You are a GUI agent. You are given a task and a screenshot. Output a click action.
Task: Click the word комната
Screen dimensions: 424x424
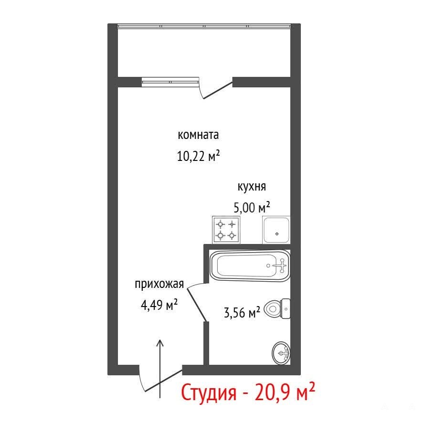click(x=198, y=135)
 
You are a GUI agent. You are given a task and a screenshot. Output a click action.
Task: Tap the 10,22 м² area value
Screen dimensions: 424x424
click(x=198, y=156)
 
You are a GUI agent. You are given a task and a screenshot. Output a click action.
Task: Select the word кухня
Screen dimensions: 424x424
click(x=252, y=187)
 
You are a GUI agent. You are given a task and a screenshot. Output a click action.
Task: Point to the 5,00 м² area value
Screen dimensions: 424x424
click(x=252, y=207)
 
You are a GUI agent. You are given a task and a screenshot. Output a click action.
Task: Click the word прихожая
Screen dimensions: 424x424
click(x=159, y=285)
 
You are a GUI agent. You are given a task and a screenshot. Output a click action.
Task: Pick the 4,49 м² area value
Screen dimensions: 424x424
click(x=159, y=305)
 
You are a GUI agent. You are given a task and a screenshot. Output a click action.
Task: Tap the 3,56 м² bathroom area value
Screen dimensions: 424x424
click(x=242, y=313)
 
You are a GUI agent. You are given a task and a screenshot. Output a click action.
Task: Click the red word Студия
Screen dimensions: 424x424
click(x=209, y=393)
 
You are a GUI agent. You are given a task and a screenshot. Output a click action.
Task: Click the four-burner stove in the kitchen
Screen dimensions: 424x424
click(x=226, y=230)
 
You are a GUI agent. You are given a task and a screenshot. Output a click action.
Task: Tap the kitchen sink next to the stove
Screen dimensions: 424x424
click(x=276, y=230)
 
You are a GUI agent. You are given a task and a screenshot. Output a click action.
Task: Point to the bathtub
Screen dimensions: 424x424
click(x=250, y=265)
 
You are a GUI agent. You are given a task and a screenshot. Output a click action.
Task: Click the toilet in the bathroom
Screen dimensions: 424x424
click(x=277, y=308)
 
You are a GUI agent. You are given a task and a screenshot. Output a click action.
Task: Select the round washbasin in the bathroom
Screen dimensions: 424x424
click(x=281, y=353)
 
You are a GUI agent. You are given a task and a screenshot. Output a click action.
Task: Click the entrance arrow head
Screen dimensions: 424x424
click(x=160, y=343)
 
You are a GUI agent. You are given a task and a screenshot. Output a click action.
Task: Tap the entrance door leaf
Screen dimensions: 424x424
click(x=163, y=381)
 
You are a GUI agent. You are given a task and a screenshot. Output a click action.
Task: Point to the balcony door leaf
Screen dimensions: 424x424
click(x=218, y=90)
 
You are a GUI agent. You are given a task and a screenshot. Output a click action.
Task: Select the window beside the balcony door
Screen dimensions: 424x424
click(x=170, y=82)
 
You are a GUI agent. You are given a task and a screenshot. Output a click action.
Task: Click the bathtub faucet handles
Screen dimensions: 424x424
click(x=282, y=265)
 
